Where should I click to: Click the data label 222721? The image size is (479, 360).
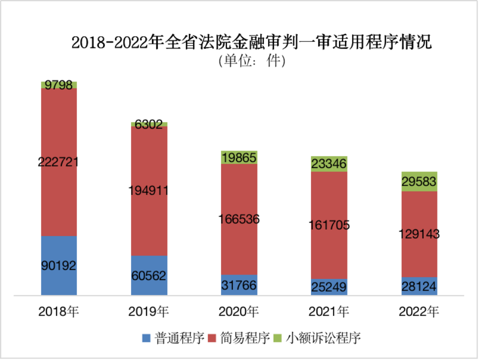[x=59, y=162]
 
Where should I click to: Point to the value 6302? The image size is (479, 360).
[x=149, y=124]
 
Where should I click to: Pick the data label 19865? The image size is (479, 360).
[x=238, y=158]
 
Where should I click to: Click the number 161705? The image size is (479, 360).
[x=328, y=225]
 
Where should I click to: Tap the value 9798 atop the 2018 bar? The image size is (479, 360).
[x=59, y=85]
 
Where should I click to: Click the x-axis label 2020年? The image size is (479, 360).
[x=238, y=312]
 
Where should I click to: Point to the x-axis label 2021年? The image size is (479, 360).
[x=328, y=312]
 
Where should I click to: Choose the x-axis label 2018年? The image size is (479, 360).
[x=59, y=312]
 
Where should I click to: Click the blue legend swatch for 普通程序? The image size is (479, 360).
[x=146, y=338]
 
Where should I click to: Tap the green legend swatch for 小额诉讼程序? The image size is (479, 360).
[x=279, y=338]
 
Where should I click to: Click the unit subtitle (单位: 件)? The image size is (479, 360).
[x=251, y=61]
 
